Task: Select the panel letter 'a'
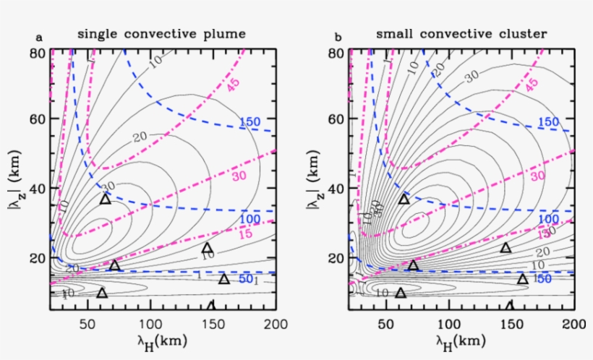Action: [x=38, y=37]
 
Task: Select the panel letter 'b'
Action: [x=337, y=37]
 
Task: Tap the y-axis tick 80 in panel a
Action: [x=38, y=53]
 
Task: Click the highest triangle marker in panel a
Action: [x=106, y=199]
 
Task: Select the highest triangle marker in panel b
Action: [x=404, y=199]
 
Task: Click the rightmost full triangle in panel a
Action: [x=224, y=279]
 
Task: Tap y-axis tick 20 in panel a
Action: [x=38, y=258]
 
